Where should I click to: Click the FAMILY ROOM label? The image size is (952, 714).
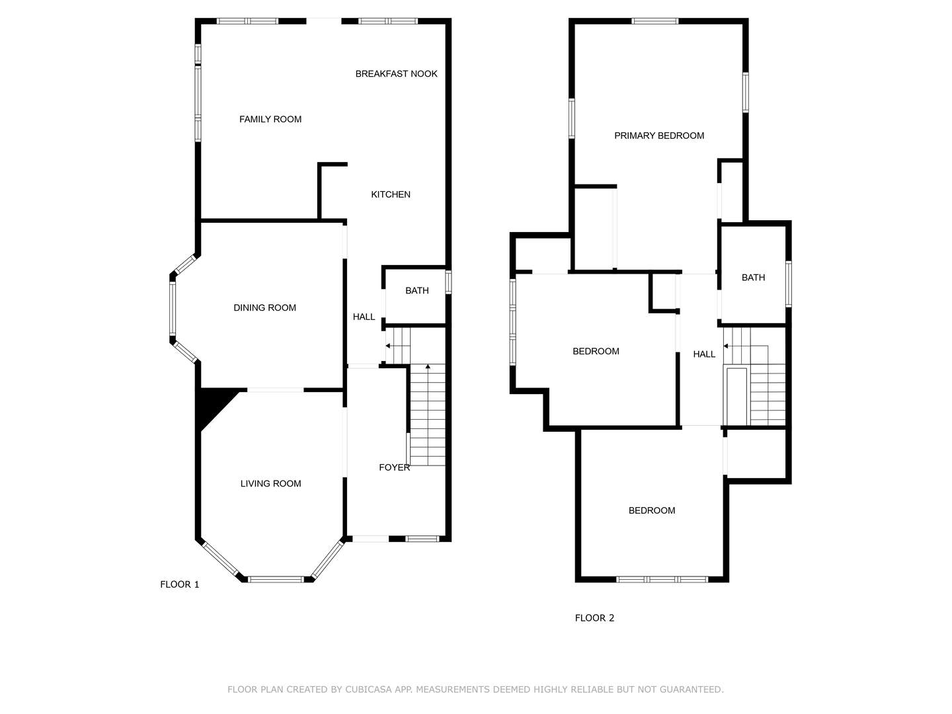tap(270, 119)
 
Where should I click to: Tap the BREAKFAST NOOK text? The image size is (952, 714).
tap(396, 74)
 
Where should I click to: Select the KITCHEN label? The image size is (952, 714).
tap(390, 194)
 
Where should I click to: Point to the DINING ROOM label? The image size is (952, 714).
tap(264, 308)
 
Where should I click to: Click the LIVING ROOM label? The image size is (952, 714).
tap(270, 484)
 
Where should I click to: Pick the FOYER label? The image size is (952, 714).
tap(394, 467)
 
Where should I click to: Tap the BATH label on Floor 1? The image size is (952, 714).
tap(416, 291)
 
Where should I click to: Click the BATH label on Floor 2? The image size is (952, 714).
tap(753, 278)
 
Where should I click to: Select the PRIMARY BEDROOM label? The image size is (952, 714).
tap(659, 136)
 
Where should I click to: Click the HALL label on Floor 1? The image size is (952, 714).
tap(364, 317)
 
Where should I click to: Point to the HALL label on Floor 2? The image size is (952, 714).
tap(704, 354)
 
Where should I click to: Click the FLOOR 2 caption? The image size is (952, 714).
tap(594, 618)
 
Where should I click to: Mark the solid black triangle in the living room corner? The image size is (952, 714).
tap(212, 403)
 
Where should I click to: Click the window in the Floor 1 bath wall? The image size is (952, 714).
tap(448, 282)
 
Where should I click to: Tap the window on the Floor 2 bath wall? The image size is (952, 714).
tap(789, 284)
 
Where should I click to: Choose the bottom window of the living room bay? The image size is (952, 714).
tap(276, 579)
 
